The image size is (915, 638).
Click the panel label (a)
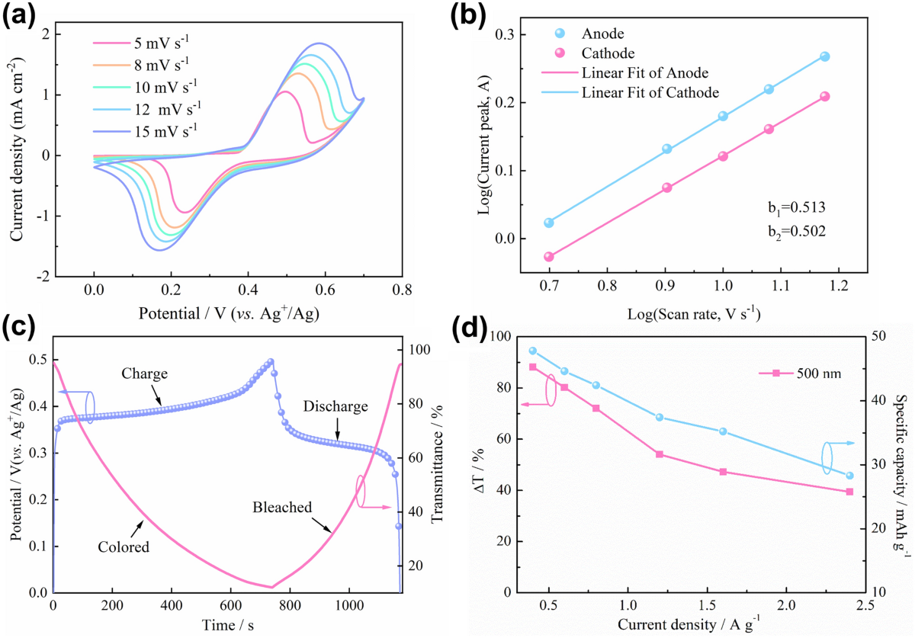[21, 18]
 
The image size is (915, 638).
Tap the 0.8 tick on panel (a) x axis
[403, 290]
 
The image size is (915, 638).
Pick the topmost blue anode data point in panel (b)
[824, 56]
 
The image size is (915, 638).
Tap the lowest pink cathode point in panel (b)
[549, 257]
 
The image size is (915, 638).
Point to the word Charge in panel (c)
[145, 374]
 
